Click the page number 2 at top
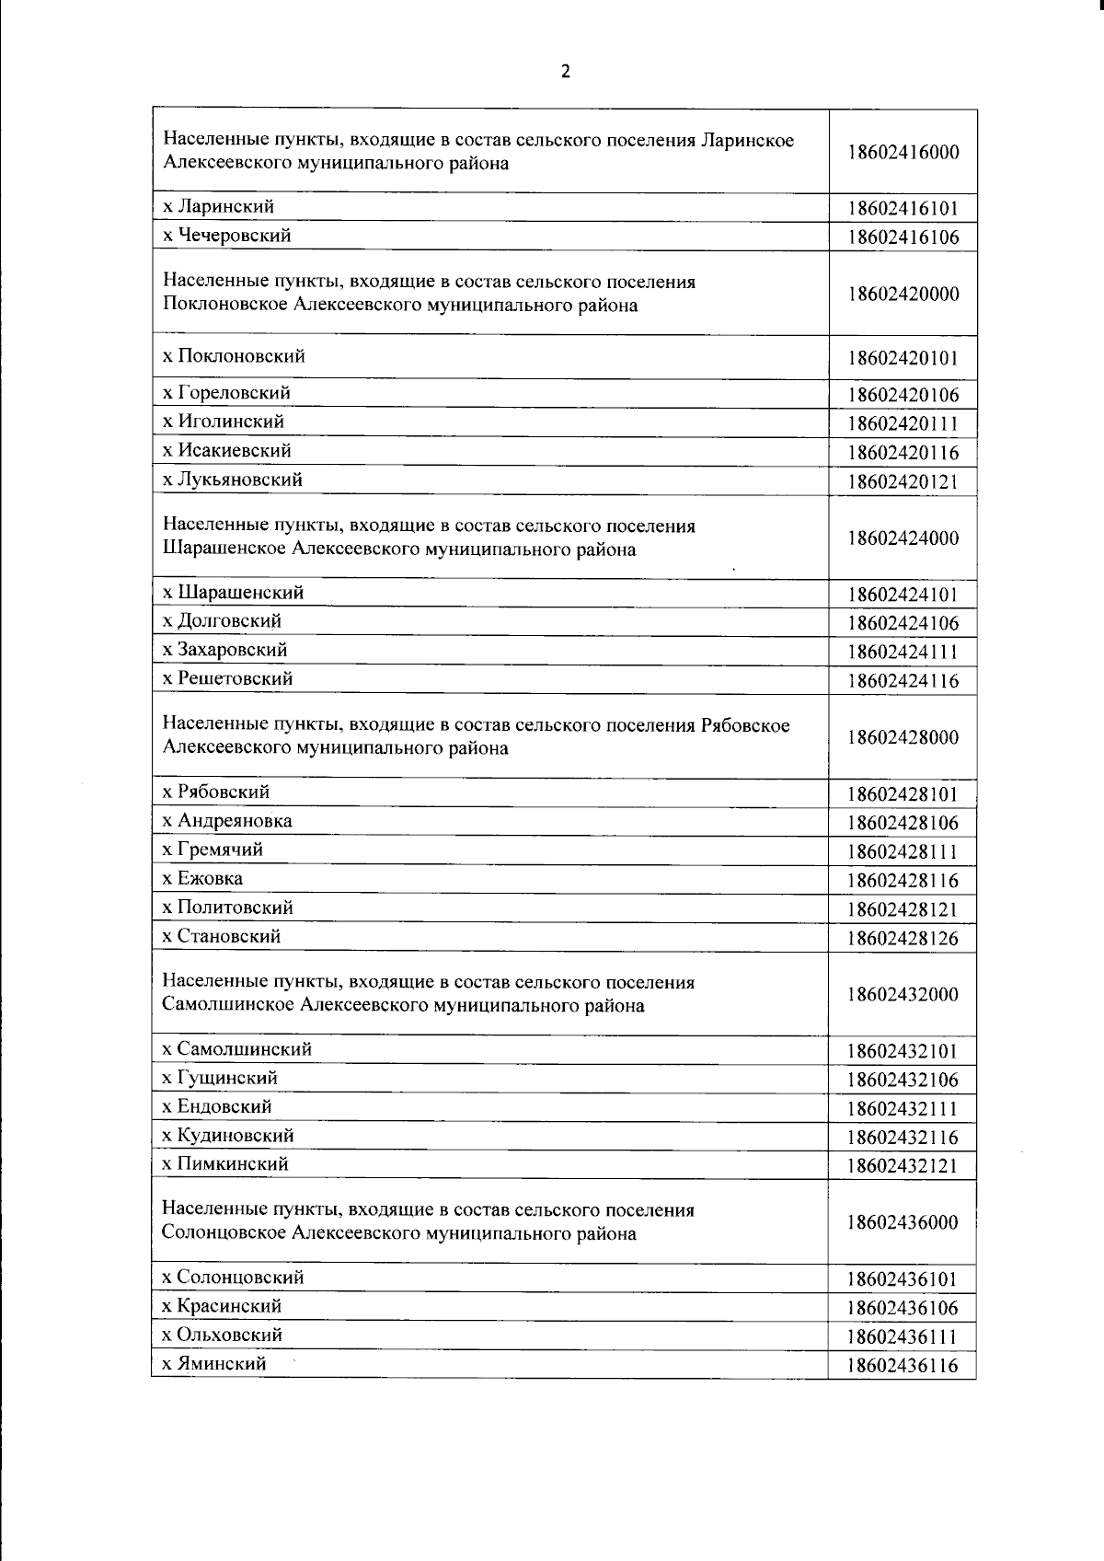click(x=565, y=72)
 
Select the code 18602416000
click(x=903, y=153)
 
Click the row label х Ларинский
click(x=218, y=206)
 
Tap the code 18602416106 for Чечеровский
click(x=903, y=237)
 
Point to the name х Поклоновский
click(x=234, y=356)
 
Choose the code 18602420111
click(x=903, y=424)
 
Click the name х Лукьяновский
click(x=232, y=480)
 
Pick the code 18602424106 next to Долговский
click(x=903, y=623)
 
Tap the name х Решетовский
click(x=227, y=678)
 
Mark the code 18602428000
click(x=903, y=737)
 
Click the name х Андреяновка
click(x=226, y=820)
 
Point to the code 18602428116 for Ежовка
click(x=903, y=881)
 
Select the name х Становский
click(x=221, y=936)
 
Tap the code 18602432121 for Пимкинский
click(x=903, y=1166)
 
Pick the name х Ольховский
click(x=222, y=1335)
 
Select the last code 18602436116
click(x=903, y=1366)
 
